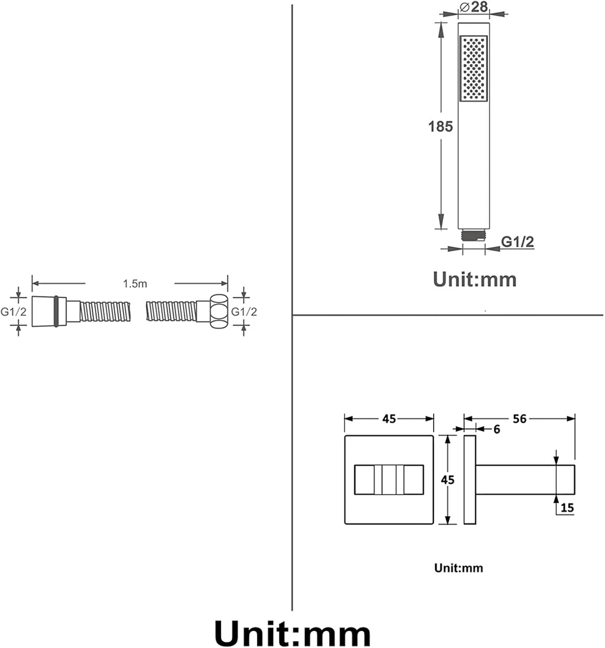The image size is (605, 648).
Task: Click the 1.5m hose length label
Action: pos(134,284)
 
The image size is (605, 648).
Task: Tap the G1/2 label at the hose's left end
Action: pos(13,311)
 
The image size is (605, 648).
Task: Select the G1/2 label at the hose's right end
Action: pos(244,311)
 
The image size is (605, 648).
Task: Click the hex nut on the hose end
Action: pos(219,311)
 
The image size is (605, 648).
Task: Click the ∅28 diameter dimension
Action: pos(474,7)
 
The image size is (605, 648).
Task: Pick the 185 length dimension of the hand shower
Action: pos(440,127)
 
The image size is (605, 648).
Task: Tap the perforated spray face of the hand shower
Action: pos(474,69)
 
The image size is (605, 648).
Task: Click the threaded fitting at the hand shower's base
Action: pos(474,236)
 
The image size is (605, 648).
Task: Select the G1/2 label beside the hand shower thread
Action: pos(517,241)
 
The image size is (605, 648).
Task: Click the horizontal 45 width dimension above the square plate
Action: pos(389,419)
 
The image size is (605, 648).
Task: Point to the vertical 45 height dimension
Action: pos(448,480)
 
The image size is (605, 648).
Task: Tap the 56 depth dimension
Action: pos(519,419)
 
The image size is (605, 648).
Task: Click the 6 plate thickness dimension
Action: pos(496,429)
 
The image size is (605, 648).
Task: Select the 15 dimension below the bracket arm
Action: pos(567,508)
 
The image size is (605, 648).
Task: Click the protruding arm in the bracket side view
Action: pos(525,480)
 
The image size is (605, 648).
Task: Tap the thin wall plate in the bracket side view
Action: pos(470,480)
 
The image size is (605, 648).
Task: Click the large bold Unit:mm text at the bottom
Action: pos(292,634)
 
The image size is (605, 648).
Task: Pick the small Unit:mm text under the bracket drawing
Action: pos(458,568)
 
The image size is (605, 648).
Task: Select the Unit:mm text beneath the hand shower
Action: pos(474,280)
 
